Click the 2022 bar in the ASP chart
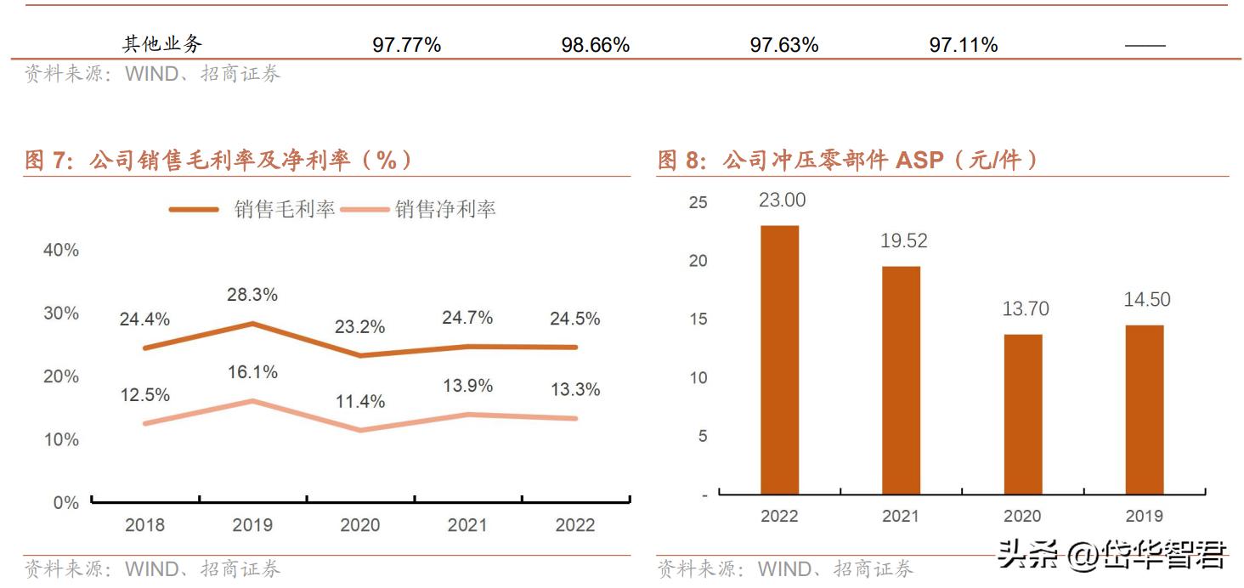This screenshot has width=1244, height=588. coord(779,359)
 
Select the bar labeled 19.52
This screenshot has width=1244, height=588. coord(901,380)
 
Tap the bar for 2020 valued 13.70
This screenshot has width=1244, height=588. coord(1022,414)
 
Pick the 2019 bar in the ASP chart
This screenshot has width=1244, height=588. coord(1144,409)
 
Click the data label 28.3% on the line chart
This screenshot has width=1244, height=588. coord(252,295)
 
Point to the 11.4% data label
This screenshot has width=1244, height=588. coord(359,401)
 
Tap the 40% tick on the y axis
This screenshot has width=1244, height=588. coord(60,251)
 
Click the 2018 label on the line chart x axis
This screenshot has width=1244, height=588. coord(145,525)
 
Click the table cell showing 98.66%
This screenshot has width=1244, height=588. coord(595,45)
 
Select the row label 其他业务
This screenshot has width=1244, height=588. coord(162,45)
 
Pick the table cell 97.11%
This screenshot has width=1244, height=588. coord(963,45)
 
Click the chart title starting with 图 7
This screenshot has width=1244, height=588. coord(218,160)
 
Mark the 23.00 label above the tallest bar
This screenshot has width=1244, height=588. coord(783,201)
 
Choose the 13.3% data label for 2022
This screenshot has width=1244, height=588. coord(575,389)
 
